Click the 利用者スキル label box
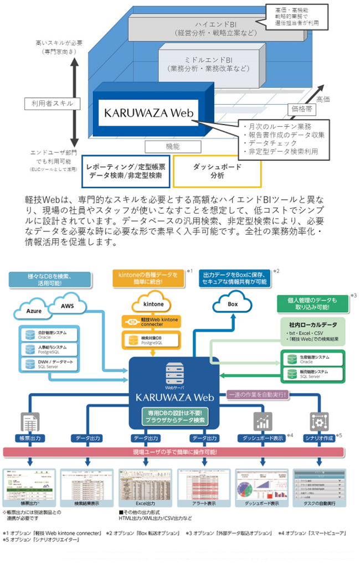coord(49,104)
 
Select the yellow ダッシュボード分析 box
coord(209,171)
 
